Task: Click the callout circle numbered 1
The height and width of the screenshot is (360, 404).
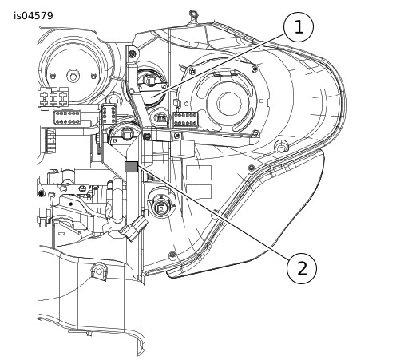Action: pyautogui.click(x=299, y=27)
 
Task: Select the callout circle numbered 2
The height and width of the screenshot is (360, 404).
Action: pyautogui.click(x=302, y=268)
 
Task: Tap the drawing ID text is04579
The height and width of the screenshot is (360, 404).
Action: pyautogui.click(x=34, y=16)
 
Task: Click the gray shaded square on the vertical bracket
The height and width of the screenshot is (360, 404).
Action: pyautogui.click(x=132, y=167)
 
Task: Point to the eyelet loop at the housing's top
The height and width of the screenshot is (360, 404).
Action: pyautogui.click(x=193, y=14)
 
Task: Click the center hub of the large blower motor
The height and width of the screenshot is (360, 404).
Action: pyautogui.click(x=229, y=104)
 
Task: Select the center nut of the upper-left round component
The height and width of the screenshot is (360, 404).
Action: pyautogui.click(x=73, y=76)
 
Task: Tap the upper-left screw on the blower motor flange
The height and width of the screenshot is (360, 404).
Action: pyautogui.click(x=192, y=71)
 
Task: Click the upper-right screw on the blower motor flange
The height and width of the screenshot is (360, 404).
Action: pyautogui.click(x=255, y=69)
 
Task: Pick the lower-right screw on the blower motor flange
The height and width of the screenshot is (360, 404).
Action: pyautogui.click(x=256, y=133)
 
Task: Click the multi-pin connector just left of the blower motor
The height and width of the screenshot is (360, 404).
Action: pyautogui.click(x=185, y=120)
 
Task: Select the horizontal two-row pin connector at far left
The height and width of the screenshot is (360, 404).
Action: pyautogui.click(x=67, y=117)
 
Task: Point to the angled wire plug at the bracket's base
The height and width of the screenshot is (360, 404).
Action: pyautogui.click(x=134, y=228)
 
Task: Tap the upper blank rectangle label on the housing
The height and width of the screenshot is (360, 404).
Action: pyautogui.click(x=199, y=172)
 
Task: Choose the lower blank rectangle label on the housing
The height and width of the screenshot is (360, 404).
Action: pyautogui.click(x=199, y=192)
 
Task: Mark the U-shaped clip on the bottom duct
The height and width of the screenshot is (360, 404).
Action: pyautogui.click(x=99, y=271)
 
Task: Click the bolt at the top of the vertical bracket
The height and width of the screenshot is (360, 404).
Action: pyautogui.click(x=132, y=54)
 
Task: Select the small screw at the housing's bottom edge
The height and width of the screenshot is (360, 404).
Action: pyautogui.click(x=172, y=255)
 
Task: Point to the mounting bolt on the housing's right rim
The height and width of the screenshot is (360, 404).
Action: pyautogui.click(x=280, y=146)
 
